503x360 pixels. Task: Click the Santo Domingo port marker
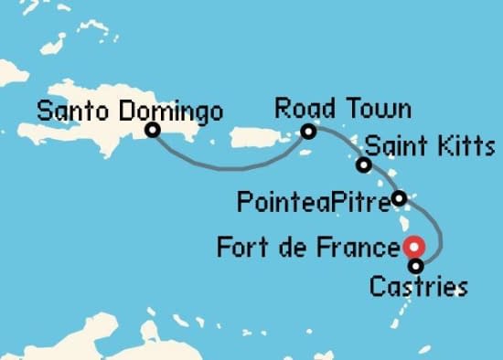tap(152, 131)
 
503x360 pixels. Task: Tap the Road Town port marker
tap(308, 132)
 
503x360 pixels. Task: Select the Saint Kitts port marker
tap(364, 165)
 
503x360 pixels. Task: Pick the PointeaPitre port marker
tap(399, 197)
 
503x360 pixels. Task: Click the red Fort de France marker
tap(414, 246)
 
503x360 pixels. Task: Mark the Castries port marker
tap(416, 267)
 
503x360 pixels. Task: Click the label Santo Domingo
tap(130, 112)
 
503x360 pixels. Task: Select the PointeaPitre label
tap(312, 198)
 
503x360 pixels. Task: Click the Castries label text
tap(417, 288)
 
